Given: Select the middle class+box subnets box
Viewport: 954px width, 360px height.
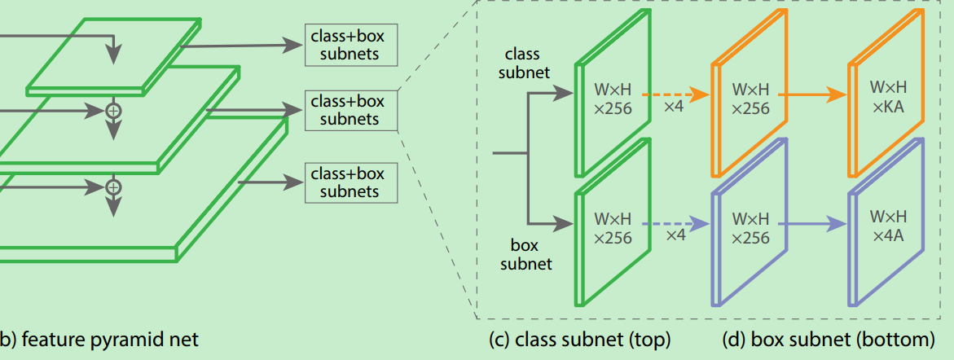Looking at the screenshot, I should click(350, 111).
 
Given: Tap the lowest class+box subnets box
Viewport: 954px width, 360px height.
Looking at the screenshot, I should click(350, 182).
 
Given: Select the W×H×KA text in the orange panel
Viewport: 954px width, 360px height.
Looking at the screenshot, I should click(888, 97).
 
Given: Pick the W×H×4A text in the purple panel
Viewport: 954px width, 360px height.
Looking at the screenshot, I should click(888, 226).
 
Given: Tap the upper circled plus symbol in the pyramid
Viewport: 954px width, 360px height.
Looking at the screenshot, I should click(114, 109).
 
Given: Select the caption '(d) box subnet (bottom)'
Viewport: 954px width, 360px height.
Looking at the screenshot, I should click(828, 340).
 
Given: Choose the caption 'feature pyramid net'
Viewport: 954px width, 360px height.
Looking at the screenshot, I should click(109, 340).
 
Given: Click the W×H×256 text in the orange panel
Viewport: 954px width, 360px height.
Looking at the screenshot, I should click(750, 98).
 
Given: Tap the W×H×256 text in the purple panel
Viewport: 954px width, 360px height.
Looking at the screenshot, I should click(750, 227).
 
